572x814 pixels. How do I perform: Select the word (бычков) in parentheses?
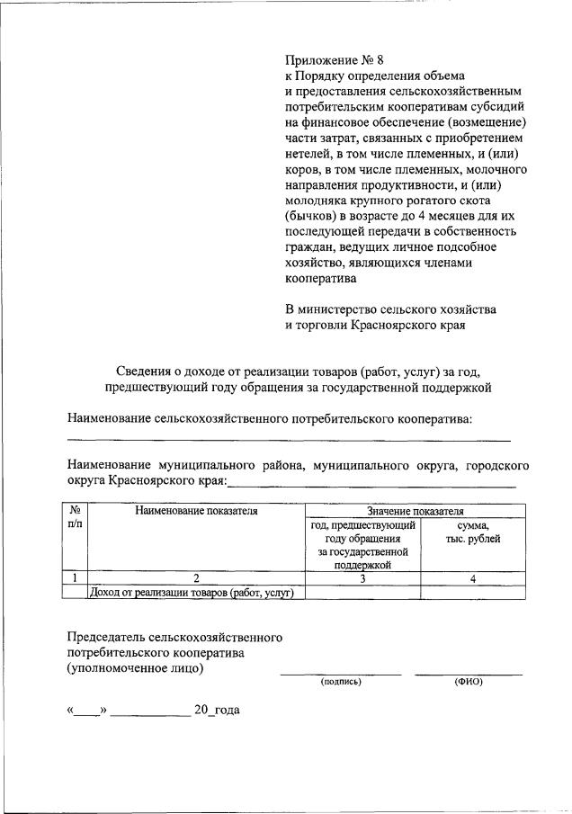coord(311,216)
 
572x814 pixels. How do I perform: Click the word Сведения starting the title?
coord(146,371)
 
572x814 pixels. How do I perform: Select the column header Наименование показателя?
coord(196,511)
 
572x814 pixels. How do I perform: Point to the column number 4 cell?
coord(472,578)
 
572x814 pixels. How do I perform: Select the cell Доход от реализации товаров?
coord(196,592)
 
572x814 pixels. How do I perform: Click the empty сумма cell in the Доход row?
coord(472,592)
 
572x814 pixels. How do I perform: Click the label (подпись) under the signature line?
coord(341,682)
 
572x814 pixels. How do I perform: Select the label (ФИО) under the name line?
coord(469,682)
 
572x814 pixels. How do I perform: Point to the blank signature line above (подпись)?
coord(341,672)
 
